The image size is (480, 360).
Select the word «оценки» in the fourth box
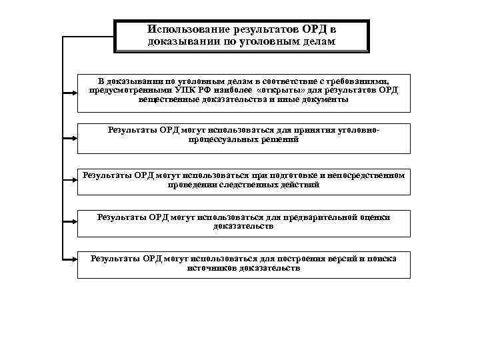[x=375, y=217]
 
